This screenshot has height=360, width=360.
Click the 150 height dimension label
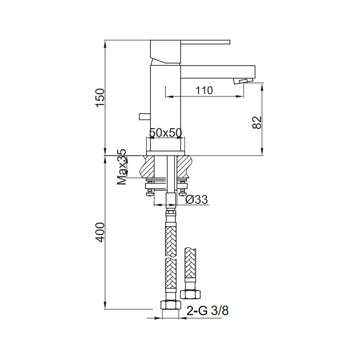coord(101,97)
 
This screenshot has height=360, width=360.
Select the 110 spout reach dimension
coord(204,91)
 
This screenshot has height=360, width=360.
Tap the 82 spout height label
coord(257,122)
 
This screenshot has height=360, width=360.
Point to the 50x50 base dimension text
coord(166,132)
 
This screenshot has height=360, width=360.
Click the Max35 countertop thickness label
coord(122,167)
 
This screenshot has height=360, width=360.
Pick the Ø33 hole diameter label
coord(196,200)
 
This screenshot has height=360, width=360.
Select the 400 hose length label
coord(101,232)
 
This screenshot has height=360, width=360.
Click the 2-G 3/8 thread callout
coord(208,311)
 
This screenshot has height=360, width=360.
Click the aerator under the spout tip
coord(243,81)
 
